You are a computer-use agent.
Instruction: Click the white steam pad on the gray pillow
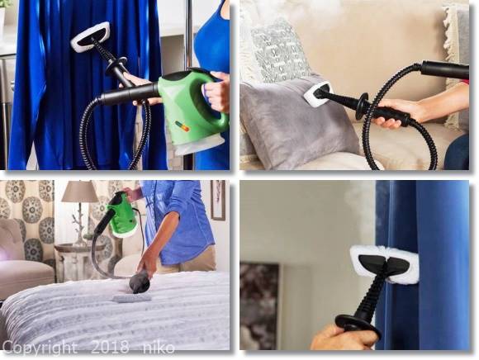(x=317, y=93)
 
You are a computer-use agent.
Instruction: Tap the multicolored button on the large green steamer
(x=183, y=126)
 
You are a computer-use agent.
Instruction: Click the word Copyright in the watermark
(x=40, y=348)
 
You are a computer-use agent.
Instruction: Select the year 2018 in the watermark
(x=111, y=347)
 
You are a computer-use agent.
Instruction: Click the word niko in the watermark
(x=159, y=347)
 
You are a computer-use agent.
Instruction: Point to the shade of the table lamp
(x=80, y=192)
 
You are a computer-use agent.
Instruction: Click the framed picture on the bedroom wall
(x=218, y=200)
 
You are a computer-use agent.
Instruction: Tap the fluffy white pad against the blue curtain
(x=384, y=264)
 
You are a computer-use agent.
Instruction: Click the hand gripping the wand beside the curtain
(x=344, y=338)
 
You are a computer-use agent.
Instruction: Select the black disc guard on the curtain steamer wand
(x=358, y=324)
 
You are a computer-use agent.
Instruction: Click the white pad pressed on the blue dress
(x=90, y=36)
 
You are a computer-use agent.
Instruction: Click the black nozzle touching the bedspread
(x=139, y=283)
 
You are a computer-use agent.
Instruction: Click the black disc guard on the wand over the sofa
(x=364, y=105)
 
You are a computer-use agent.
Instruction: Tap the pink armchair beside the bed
(x=25, y=257)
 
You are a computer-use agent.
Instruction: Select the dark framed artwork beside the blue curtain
(x=259, y=306)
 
